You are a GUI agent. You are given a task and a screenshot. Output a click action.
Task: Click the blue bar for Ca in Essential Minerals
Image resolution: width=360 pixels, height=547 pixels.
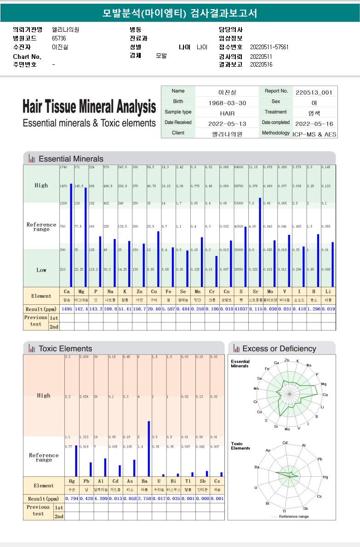[x=71, y=235]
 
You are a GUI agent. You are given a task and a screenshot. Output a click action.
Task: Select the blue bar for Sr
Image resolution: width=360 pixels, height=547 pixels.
[x=260, y=242]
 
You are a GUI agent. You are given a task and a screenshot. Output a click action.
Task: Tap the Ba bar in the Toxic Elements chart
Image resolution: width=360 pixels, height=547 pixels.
[x=149, y=449]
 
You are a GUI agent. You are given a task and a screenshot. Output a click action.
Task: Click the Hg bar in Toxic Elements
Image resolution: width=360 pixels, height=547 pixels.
[x=76, y=461]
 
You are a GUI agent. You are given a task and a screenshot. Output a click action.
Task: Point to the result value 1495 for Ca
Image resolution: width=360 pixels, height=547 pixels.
[x=67, y=309]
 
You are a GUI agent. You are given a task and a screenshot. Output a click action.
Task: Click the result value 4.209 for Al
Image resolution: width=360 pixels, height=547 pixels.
[x=101, y=498]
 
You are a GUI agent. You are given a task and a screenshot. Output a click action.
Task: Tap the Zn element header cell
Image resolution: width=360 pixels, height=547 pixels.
[x=139, y=291]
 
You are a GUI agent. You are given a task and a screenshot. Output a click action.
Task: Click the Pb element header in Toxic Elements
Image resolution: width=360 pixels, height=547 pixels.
[x=86, y=481]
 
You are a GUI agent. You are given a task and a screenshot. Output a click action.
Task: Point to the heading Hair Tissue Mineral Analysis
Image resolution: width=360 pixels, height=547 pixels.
[x=89, y=107]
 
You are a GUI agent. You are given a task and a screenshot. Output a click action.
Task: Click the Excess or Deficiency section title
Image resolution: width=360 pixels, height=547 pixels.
[x=279, y=348]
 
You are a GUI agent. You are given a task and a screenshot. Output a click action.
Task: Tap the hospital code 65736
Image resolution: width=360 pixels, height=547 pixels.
[x=59, y=38]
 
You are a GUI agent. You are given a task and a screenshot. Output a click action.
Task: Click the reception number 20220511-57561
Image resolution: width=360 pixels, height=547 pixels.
[x=269, y=47]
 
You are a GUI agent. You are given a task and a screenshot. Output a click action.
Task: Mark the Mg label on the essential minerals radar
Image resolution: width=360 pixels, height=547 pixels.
[x=324, y=384]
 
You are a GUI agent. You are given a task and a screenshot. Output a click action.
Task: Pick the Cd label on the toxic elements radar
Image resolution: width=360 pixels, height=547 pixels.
[x=285, y=443]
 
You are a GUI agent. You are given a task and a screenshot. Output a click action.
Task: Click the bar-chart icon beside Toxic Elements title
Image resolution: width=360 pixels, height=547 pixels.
[x=32, y=348]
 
